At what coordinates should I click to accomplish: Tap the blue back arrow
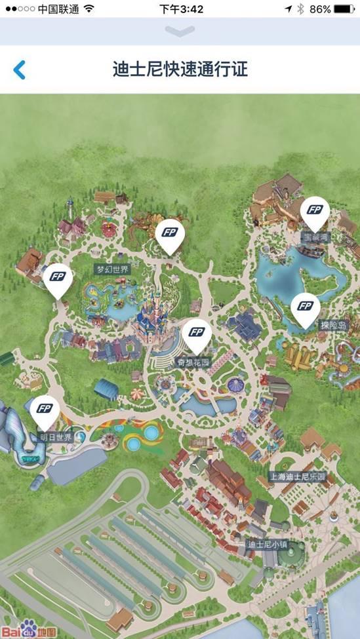(x=20, y=69)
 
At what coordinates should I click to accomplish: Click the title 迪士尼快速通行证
(x=180, y=69)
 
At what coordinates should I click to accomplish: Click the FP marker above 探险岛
(x=305, y=308)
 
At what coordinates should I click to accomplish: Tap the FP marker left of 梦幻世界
(x=58, y=279)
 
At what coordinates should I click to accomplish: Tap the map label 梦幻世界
(x=113, y=269)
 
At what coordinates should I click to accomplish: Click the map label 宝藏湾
(x=315, y=237)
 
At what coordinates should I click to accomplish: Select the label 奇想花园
(x=193, y=362)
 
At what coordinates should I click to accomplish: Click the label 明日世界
(x=56, y=437)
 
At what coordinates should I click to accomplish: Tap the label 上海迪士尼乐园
(x=298, y=476)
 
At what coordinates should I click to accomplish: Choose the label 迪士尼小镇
(x=267, y=545)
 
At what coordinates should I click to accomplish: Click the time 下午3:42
(x=181, y=9)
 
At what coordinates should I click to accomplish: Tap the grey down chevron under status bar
(x=180, y=31)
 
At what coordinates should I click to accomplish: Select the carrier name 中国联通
(x=58, y=9)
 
